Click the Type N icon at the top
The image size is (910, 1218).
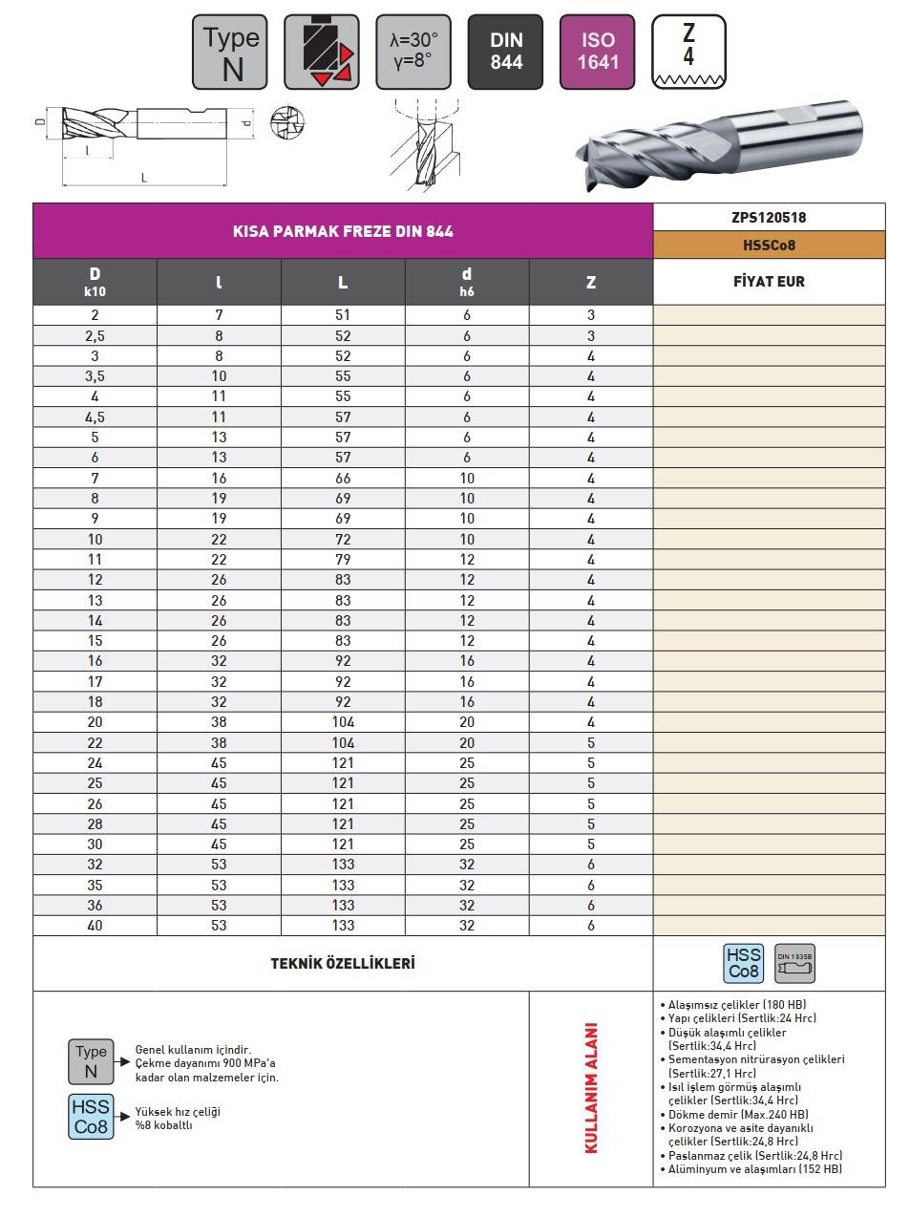point(231,52)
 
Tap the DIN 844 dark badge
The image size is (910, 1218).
point(506,52)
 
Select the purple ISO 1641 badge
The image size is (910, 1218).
point(598,52)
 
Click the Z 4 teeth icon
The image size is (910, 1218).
point(688,52)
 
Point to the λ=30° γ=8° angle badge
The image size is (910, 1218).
point(413,52)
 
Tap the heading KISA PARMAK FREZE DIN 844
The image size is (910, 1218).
point(343,231)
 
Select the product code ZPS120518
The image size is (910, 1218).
point(769,217)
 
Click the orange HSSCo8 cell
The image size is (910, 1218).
point(769,246)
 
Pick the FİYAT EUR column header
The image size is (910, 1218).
point(769,282)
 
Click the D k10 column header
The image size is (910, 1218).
point(95,282)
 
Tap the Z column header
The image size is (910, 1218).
point(591,282)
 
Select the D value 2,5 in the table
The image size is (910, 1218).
point(95,335)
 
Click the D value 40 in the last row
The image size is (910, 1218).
point(95,925)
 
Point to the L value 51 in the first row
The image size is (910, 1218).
point(343,314)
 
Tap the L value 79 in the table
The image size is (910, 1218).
point(343,559)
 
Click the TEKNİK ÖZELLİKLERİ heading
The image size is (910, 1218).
point(343,963)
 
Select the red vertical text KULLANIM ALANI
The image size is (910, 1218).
point(591,1088)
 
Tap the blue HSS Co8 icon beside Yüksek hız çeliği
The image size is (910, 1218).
point(91,1117)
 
